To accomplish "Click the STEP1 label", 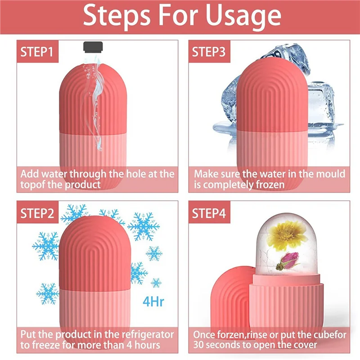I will click(x=36, y=52).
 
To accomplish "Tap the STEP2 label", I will click(x=36, y=213).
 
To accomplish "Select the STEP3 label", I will click(x=209, y=52).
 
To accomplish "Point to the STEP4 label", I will click(x=209, y=213).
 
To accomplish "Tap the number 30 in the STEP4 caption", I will click(x=199, y=346).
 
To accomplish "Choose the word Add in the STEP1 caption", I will click(x=30, y=173).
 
